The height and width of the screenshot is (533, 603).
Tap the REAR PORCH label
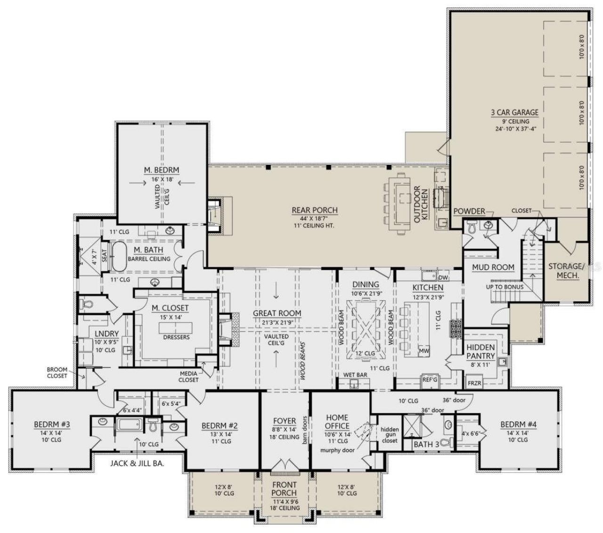(x=314, y=210)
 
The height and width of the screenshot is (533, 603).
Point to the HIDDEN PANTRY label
(x=481, y=352)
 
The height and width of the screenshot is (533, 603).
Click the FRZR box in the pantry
(x=474, y=383)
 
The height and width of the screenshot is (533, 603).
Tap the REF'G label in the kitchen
(x=429, y=378)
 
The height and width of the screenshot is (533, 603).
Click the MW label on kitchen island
(x=424, y=350)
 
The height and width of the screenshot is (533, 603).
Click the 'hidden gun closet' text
(x=390, y=435)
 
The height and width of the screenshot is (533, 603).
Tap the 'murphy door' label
(x=337, y=450)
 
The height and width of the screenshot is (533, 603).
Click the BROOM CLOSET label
(x=57, y=373)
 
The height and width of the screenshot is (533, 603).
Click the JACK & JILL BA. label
(x=136, y=463)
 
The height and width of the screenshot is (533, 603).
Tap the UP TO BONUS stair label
(x=505, y=287)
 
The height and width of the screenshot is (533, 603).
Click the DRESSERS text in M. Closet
(x=176, y=337)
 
